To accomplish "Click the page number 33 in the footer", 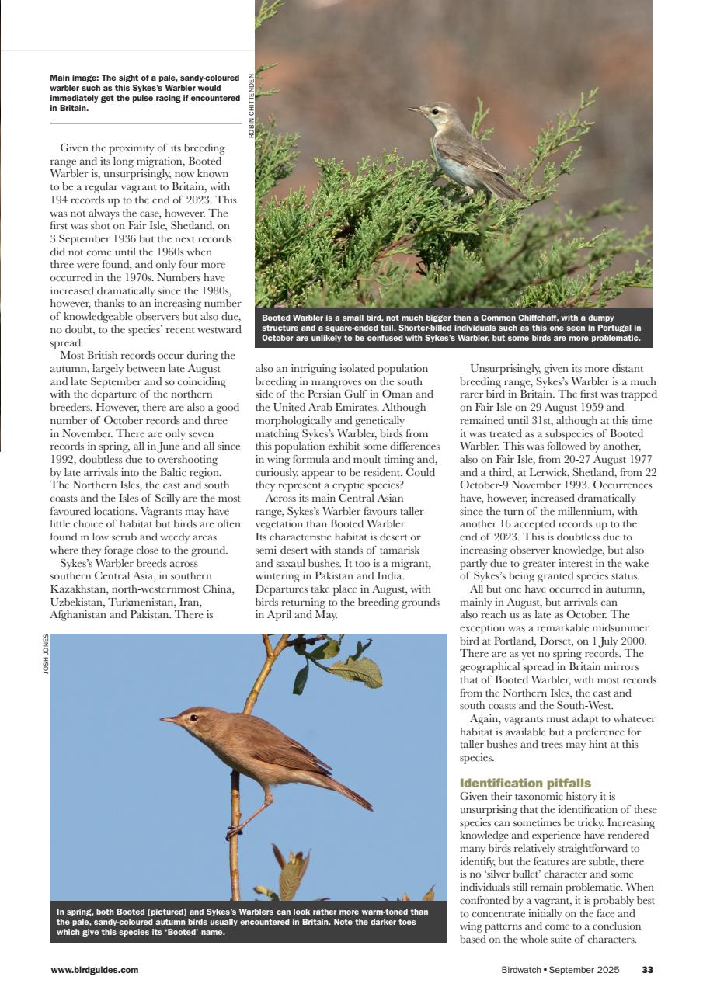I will (647, 970).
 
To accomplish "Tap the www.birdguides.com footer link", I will (94, 970).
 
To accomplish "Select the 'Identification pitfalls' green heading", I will (524, 783).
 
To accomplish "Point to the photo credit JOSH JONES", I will (46, 654).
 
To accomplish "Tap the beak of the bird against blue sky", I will (168, 720).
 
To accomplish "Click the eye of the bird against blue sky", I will (193, 718).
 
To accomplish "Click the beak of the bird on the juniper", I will (415, 109).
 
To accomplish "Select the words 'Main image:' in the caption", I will (75, 78).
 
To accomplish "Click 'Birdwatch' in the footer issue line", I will (520, 970).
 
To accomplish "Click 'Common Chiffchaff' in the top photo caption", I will (545, 318).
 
